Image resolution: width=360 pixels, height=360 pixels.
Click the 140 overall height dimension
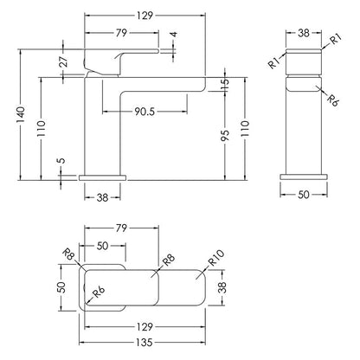(21, 115)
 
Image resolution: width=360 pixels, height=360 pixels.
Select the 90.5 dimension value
(145, 112)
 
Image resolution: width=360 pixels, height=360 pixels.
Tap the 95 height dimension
(225, 135)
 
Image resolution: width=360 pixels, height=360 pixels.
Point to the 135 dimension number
(145, 343)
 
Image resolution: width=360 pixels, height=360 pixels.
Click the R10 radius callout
(216, 258)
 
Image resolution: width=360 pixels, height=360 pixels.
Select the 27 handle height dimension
(64, 61)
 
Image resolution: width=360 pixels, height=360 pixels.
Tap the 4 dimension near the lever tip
(173, 35)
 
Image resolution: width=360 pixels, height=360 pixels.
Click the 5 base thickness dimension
(61, 160)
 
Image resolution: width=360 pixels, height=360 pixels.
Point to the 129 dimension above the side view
(145, 16)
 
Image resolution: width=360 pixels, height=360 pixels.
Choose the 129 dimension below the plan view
(145, 327)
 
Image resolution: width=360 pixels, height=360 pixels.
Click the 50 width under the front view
(304, 195)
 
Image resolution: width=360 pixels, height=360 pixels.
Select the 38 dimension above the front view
(304, 33)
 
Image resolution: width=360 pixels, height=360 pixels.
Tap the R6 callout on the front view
(332, 100)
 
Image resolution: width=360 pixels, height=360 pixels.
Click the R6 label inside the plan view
(99, 292)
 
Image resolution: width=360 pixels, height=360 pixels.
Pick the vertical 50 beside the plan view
(62, 287)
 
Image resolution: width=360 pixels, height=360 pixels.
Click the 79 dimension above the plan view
(121, 228)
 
